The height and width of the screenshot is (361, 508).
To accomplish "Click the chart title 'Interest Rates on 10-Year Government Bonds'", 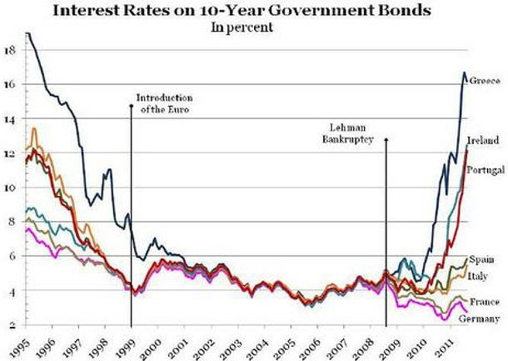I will click(242, 10).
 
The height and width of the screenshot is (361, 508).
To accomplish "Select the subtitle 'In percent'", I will click(242, 27).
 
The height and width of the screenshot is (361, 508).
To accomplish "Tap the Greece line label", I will click(485, 81).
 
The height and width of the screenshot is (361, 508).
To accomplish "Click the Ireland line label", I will click(483, 140).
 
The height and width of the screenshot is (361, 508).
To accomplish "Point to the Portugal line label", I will click(485, 170).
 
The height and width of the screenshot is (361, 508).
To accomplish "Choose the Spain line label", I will click(482, 260).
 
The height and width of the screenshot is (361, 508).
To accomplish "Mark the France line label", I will click(485, 302).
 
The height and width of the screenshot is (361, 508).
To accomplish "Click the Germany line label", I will click(479, 318).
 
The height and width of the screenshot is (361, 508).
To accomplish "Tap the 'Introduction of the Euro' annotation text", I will click(164, 104).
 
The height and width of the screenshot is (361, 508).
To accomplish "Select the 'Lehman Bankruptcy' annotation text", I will click(348, 133).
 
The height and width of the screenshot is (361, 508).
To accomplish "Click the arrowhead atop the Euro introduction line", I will click(131, 105).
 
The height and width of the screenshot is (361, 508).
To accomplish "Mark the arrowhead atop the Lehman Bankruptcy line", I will click(386, 140).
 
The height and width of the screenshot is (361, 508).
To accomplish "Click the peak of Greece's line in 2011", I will click(464, 73).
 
